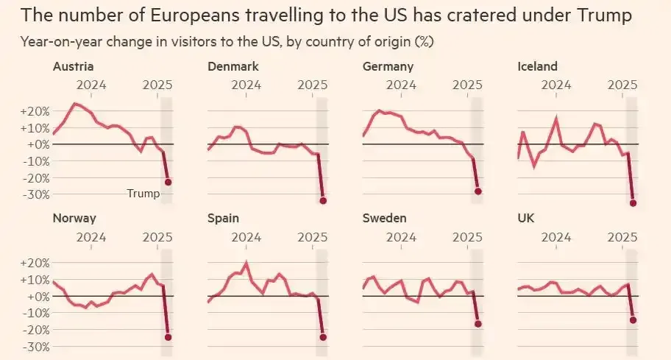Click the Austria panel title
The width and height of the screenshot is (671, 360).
[x=72, y=67]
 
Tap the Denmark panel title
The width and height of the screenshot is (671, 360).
[x=233, y=67]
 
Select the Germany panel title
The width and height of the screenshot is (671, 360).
[x=388, y=67]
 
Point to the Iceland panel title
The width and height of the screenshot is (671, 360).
[x=538, y=67]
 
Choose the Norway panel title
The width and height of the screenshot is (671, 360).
[x=74, y=218]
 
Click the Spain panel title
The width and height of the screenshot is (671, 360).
[x=223, y=218]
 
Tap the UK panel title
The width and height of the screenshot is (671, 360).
[x=528, y=218]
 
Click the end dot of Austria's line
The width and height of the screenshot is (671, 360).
[x=168, y=182]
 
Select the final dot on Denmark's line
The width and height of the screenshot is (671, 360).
[x=323, y=200]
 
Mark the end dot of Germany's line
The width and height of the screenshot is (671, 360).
[x=478, y=191]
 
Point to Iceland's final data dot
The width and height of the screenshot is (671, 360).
[x=633, y=203]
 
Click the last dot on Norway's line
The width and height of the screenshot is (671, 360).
[x=168, y=337]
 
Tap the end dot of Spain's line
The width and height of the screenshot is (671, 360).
[x=323, y=337]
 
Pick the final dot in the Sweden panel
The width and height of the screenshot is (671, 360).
[x=478, y=324]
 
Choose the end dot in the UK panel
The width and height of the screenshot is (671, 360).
[x=633, y=320]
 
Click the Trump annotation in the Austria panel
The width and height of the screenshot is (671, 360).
[x=143, y=194]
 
